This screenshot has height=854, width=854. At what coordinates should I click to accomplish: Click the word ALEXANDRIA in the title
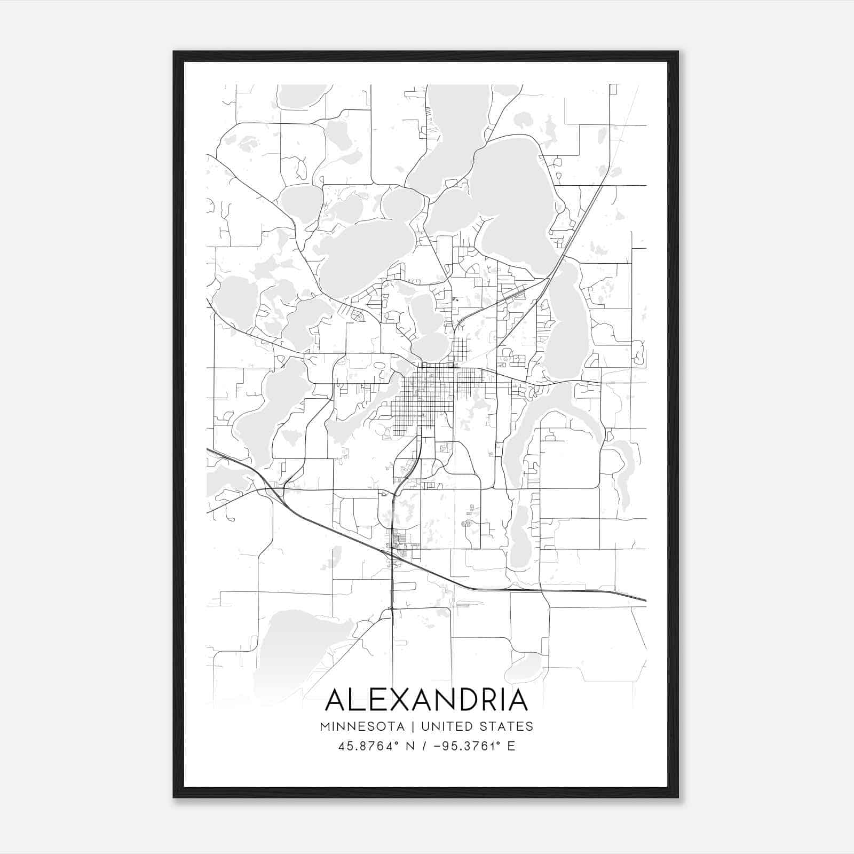[426, 700]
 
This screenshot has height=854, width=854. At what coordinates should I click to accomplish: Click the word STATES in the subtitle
[505, 726]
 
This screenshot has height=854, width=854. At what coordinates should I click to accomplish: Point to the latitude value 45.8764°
[369, 746]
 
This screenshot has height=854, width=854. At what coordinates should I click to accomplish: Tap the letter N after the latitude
[410, 746]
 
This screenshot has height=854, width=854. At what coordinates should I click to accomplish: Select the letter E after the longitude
[511, 746]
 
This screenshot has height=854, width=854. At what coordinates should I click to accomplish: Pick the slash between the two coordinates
[424, 746]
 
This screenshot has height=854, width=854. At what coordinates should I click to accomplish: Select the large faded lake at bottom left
[299, 651]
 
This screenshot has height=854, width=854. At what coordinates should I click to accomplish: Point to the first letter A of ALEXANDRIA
[335, 700]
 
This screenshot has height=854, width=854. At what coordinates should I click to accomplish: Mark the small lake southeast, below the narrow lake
[519, 539]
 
